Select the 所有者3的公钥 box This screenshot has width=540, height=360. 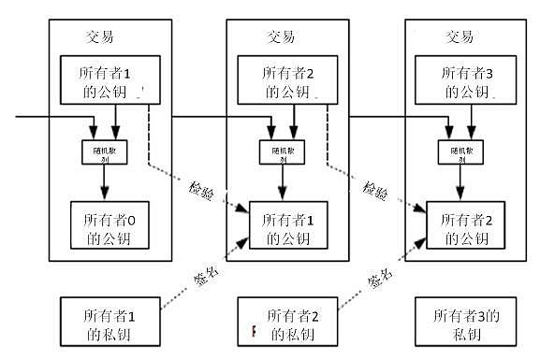click(x=459, y=80)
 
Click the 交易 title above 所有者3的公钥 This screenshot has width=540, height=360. click(x=459, y=38)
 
